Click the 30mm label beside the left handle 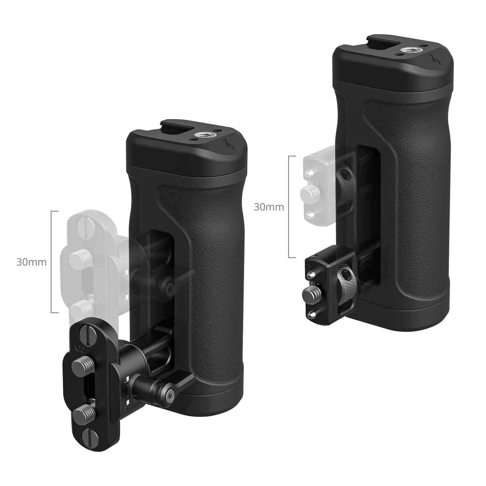click(x=31, y=262)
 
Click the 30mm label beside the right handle click(x=269, y=207)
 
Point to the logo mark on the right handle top click(x=433, y=58)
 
